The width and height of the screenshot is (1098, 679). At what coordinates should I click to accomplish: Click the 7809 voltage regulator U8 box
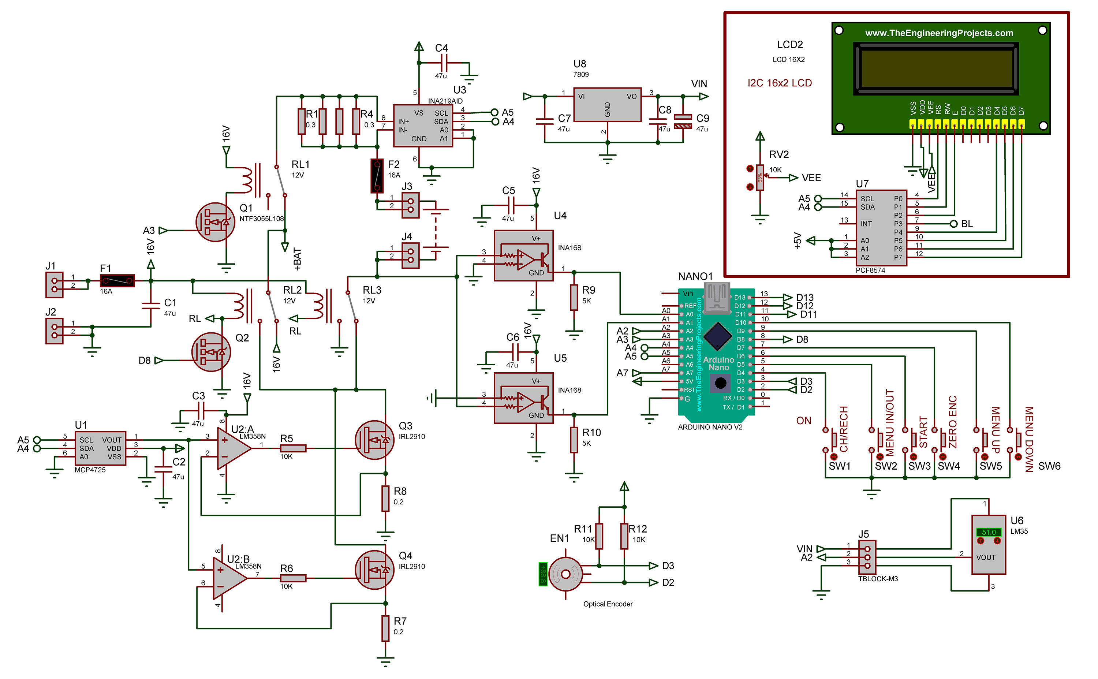click(x=607, y=105)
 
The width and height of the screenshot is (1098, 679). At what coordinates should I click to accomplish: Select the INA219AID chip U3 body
click(x=423, y=126)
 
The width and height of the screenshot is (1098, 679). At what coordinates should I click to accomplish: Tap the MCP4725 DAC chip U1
click(x=100, y=448)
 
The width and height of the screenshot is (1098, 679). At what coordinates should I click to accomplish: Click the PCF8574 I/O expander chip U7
click(x=882, y=228)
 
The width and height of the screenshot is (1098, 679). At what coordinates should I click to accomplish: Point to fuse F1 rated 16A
click(x=117, y=281)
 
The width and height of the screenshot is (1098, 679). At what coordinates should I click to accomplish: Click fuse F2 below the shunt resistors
click(x=377, y=176)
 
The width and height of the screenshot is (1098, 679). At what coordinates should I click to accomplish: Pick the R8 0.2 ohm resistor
click(x=385, y=498)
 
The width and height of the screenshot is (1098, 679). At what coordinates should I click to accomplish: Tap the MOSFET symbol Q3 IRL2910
click(x=374, y=440)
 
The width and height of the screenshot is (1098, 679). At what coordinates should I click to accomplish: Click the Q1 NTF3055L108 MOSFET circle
click(x=216, y=222)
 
